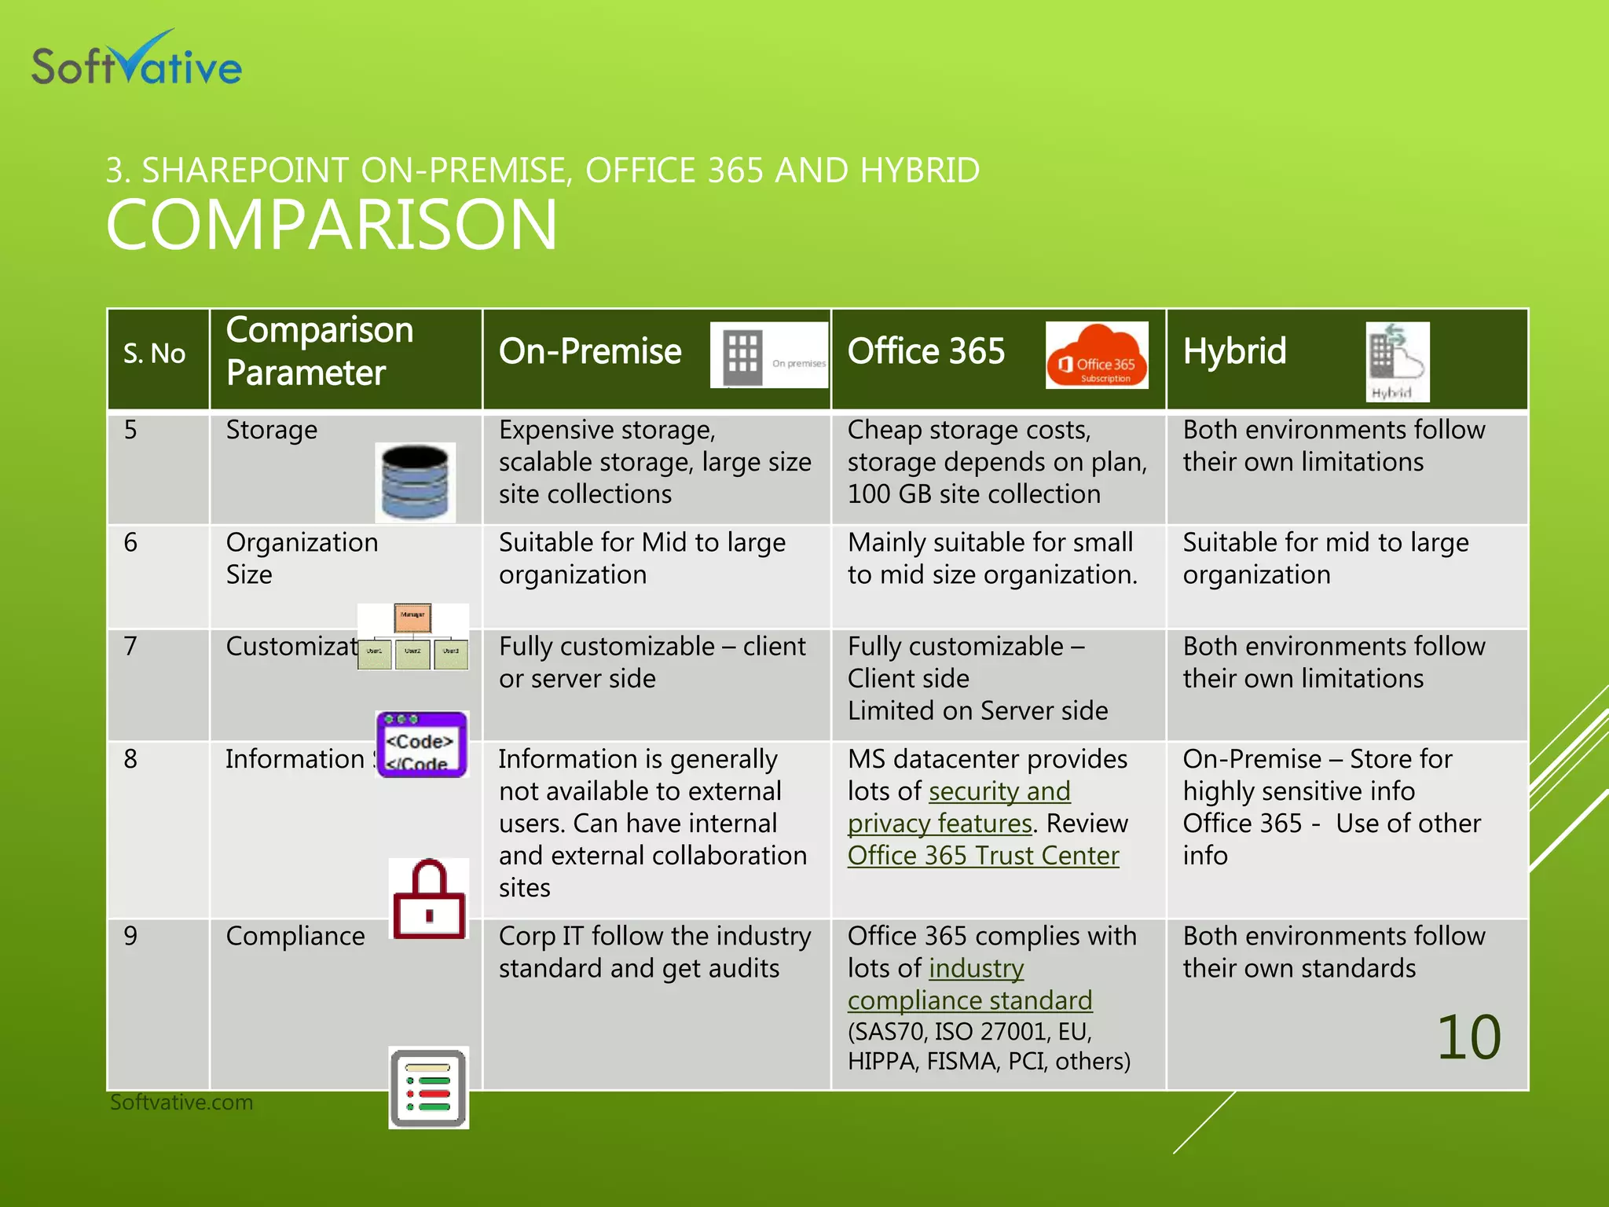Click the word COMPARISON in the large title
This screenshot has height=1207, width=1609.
(331, 225)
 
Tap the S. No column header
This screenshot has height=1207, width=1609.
(154, 354)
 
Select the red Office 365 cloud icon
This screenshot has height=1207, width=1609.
(1096, 356)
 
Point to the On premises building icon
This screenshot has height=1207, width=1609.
(768, 355)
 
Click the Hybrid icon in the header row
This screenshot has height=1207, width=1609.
(1397, 361)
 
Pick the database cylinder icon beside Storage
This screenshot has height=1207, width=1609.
(415, 482)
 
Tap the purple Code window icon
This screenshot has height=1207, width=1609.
(422, 744)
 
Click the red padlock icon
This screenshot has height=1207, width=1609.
(429, 899)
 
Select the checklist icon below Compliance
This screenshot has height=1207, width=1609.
(428, 1088)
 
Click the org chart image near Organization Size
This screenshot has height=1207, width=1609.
(412, 637)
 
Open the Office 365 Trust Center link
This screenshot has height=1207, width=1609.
(983, 856)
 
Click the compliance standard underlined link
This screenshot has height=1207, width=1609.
(969, 1000)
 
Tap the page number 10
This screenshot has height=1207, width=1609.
(1468, 1037)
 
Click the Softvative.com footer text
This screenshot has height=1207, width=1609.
(181, 1102)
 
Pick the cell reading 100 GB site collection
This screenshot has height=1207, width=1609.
(973, 494)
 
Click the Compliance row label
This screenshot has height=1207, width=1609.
(295, 936)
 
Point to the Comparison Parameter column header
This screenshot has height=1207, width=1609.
(320, 351)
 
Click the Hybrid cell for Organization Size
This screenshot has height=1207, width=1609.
(1325, 559)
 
